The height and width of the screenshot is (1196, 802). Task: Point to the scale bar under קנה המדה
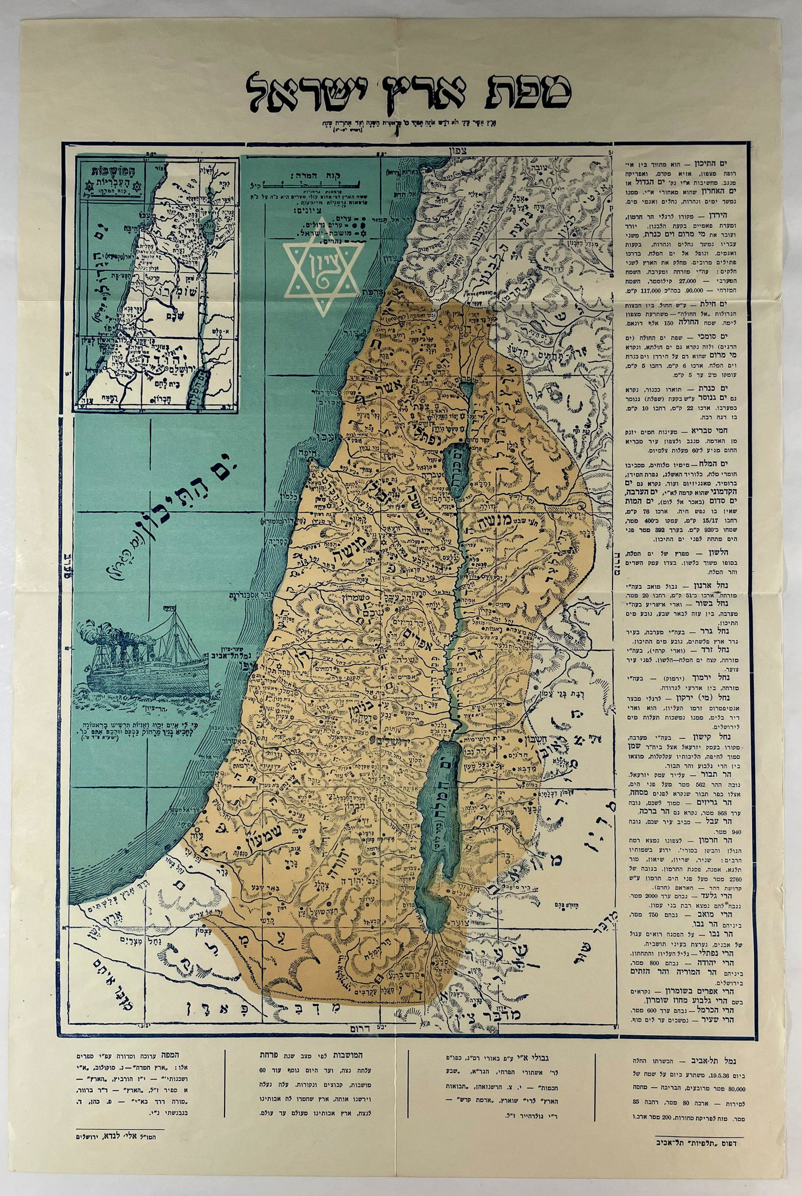click(x=312, y=183)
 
